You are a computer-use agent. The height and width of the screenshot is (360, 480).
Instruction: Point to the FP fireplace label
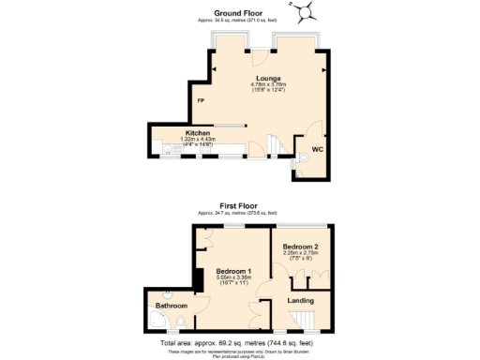[x=200, y=100]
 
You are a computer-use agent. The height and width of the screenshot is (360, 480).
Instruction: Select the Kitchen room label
[x=197, y=133]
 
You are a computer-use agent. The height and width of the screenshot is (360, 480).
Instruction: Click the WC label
[x=317, y=147]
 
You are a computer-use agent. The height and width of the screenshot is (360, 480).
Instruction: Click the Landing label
[x=299, y=301]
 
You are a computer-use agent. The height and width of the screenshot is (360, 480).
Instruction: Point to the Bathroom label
[x=172, y=306]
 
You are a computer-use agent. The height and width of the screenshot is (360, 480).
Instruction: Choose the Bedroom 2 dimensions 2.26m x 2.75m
[x=301, y=252]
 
